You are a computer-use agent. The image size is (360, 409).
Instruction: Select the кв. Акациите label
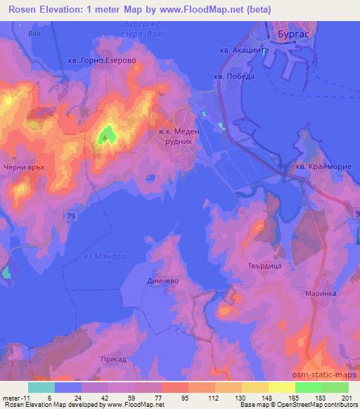[x=240, y=51]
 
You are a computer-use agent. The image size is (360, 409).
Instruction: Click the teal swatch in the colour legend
[x=41, y=387]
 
